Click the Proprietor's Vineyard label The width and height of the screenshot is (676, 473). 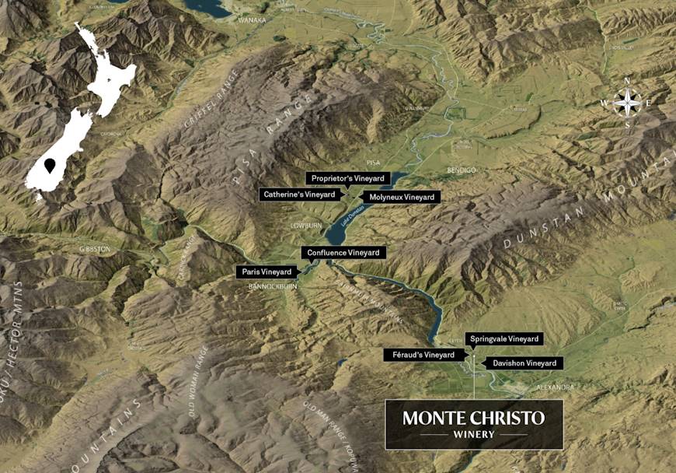point(347,179)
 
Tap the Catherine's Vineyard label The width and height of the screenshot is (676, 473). point(299,194)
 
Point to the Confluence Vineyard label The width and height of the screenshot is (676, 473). point(343,253)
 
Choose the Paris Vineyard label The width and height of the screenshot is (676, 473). point(267,272)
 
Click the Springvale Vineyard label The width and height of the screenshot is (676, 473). point(504,339)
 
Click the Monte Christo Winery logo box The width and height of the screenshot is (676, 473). point(474,424)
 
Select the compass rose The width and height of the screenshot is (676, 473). point(628,102)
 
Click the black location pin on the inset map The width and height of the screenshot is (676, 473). point(51,166)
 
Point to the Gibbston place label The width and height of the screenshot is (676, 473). point(95,249)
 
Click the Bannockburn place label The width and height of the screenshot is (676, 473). point(277,286)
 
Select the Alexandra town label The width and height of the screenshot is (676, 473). point(555,387)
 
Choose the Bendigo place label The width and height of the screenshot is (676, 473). point(460,170)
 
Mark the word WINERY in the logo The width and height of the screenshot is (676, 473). point(474,435)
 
